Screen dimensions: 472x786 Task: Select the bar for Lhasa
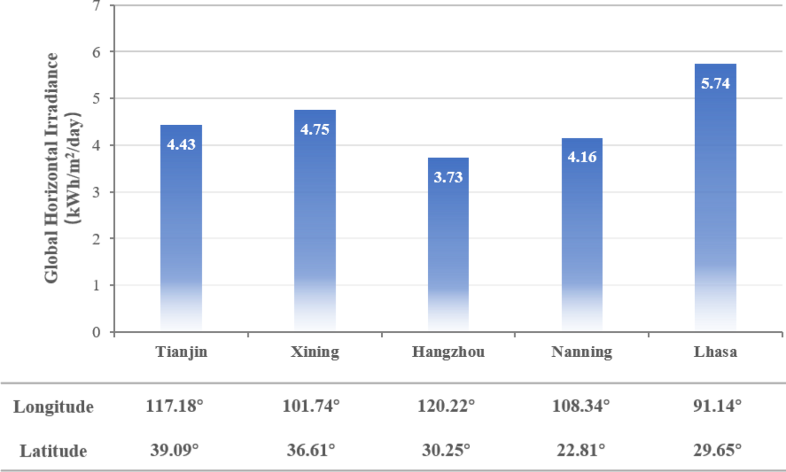[x=715, y=200]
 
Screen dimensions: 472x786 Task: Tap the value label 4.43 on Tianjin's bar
[x=181, y=145]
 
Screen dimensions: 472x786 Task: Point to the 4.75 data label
[x=315, y=130]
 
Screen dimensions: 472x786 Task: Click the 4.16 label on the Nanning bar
[x=582, y=157]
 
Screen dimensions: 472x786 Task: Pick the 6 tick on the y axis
[x=96, y=52]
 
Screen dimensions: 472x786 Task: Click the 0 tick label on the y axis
[x=96, y=332]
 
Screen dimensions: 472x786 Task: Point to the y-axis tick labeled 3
[x=96, y=192]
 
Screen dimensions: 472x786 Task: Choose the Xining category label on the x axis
[x=315, y=352]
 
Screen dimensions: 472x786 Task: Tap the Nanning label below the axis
[x=582, y=352]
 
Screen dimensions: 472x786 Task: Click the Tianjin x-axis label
[x=181, y=352]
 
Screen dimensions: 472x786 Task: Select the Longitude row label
[x=53, y=407]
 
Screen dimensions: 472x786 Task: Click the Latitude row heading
[x=53, y=451]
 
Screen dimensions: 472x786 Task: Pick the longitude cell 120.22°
[x=446, y=406]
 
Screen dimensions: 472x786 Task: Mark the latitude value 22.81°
[x=581, y=451]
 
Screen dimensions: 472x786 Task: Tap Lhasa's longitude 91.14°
[x=717, y=406]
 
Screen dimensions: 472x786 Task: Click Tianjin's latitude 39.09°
[x=175, y=451]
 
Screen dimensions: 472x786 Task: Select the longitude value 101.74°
[x=311, y=406]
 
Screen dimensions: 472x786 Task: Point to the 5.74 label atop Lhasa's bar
[x=715, y=83]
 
